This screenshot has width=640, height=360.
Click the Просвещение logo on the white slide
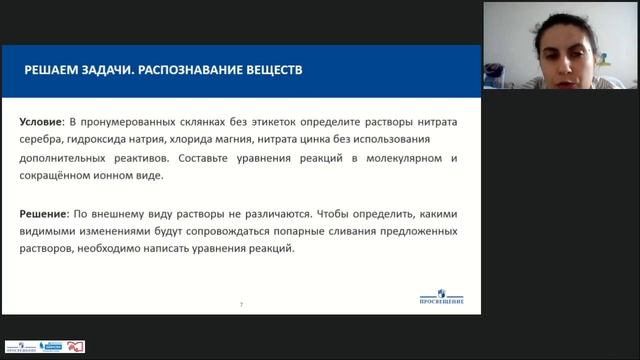pyautogui.click(x=440, y=299)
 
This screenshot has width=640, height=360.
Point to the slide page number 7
pyautogui.click(x=240, y=304)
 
